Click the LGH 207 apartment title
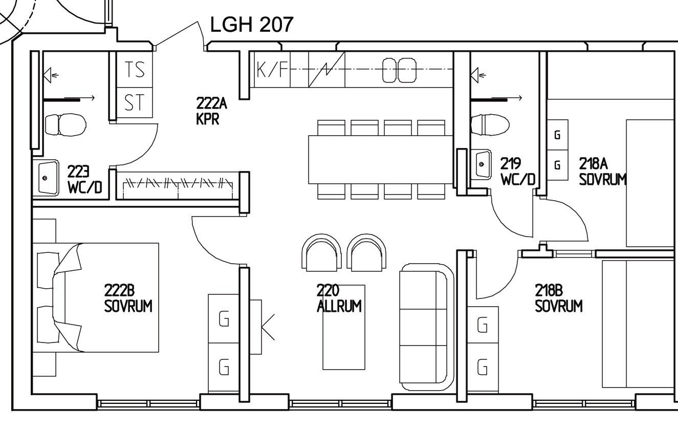(252, 25)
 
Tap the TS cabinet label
(135, 69)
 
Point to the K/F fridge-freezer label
(272, 69)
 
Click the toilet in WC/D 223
(65, 124)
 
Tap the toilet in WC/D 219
(490, 125)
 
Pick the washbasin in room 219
(483, 164)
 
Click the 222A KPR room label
(211, 111)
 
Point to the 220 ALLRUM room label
(339, 298)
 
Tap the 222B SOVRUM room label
(128, 298)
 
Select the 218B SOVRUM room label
(558, 298)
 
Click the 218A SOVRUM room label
(602, 171)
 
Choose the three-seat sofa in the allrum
(426, 327)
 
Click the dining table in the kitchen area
(381, 160)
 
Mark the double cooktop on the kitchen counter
(399, 70)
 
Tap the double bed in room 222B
(96, 297)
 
